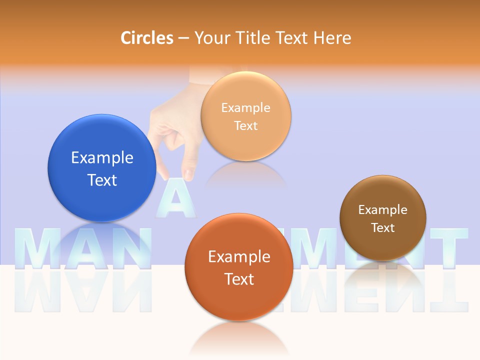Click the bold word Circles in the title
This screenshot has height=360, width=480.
tap(147, 38)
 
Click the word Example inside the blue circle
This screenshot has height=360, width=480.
tap(102, 158)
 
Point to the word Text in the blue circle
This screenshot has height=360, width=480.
tap(102, 180)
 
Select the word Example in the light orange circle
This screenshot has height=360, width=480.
tap(246, 107)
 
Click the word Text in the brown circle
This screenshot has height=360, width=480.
tap(383, 228)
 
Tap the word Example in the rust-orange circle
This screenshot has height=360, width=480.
tap(239, 257)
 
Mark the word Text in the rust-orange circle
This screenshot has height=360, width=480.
tap(239, 279)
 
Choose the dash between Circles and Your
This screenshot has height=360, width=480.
tap(183, 38)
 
